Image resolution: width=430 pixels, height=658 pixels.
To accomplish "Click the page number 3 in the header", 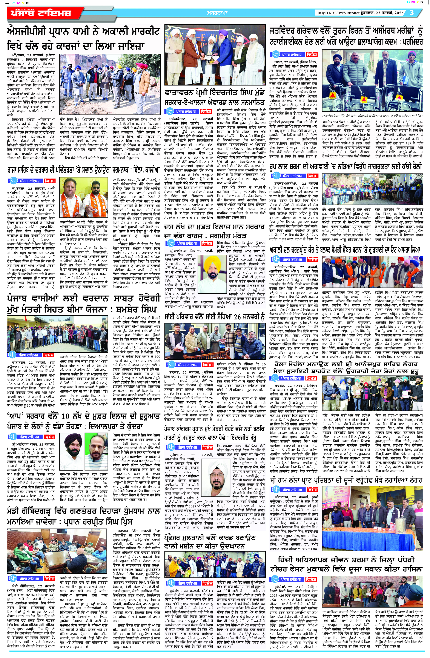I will coord(412,13).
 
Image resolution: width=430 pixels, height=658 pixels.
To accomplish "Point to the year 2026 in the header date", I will coord(398,13).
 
